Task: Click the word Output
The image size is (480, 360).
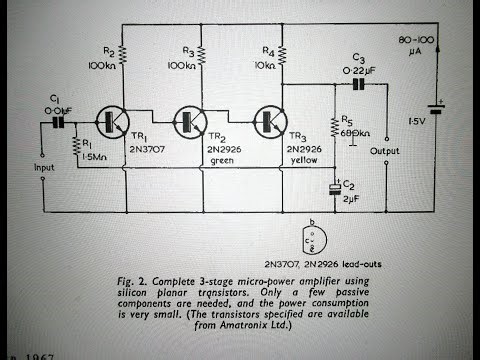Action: [x=385, y=152]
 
